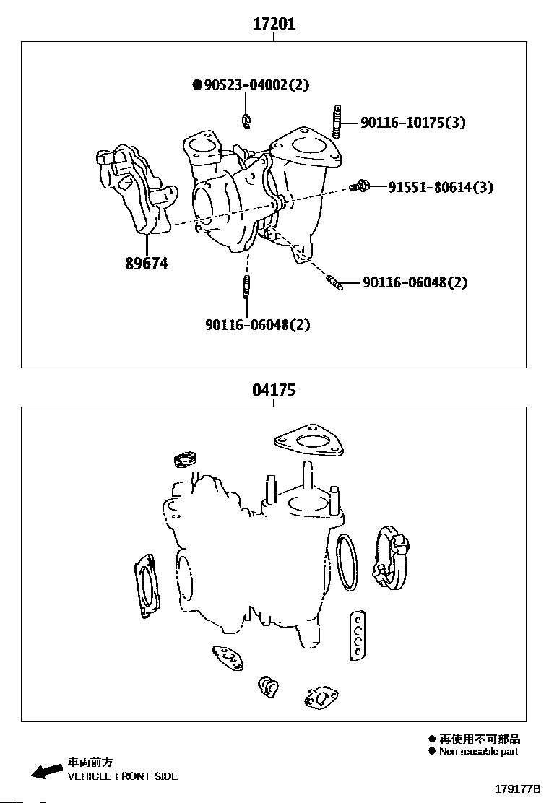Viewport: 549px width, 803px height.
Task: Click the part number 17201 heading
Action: (274, 24)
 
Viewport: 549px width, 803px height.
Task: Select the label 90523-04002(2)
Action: (256, 85)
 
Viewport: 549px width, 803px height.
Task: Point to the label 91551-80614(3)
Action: (441, 188)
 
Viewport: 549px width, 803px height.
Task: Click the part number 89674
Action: (147, 264)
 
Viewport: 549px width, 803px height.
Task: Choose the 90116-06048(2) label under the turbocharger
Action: (257, 325)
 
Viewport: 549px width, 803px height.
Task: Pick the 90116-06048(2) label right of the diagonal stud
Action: (415, 282)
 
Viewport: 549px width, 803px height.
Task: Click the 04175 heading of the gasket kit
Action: (274, 391)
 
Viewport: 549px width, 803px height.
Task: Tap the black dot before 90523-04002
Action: (197, 85)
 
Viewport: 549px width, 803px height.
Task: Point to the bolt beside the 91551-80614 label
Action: (359, 187)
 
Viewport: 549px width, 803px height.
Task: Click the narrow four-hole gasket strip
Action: (357, 635)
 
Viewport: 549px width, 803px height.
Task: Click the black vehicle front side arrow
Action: (47, 771)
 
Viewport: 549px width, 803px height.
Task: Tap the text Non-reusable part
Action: (478, 751)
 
